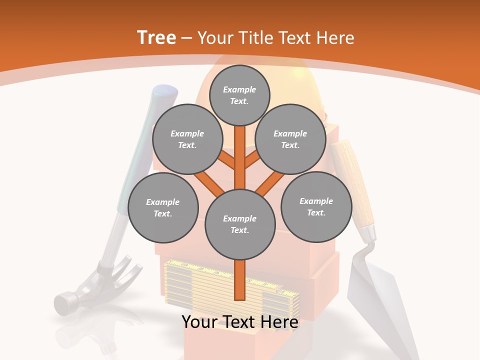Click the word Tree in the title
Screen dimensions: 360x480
click(156, 38)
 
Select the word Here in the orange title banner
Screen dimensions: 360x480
click(336, 38)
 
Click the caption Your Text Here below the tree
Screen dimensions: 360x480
click(240, 322)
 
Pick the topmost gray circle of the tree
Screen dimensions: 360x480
click(239, 95)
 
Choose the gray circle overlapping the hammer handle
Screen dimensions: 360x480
click(163, 208)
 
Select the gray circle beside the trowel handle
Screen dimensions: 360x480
click(316, 207)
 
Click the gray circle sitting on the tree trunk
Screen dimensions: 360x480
click(240, 224)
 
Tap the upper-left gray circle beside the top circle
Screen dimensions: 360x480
click(187, 139)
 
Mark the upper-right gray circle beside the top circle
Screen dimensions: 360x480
click(290, 139)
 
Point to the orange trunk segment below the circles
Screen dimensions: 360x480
click(240, 280)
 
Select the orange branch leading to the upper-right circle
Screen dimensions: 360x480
click(253, 160)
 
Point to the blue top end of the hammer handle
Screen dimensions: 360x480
click(165, 93)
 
